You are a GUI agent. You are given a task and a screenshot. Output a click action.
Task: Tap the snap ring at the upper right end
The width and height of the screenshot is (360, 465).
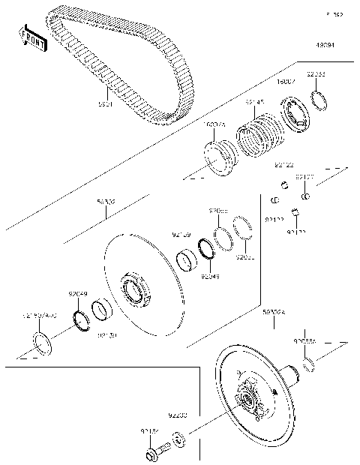click(317, 100)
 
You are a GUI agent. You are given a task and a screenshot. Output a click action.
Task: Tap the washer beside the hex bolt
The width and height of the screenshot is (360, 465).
click(178, 438)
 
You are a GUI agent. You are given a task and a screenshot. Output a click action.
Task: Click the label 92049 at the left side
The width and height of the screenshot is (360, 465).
click(79, 294)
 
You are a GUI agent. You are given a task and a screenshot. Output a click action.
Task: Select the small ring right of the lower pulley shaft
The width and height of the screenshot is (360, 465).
click(307, 365)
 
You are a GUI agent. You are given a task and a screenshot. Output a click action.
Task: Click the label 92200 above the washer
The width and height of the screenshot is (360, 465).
click(178, 414)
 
